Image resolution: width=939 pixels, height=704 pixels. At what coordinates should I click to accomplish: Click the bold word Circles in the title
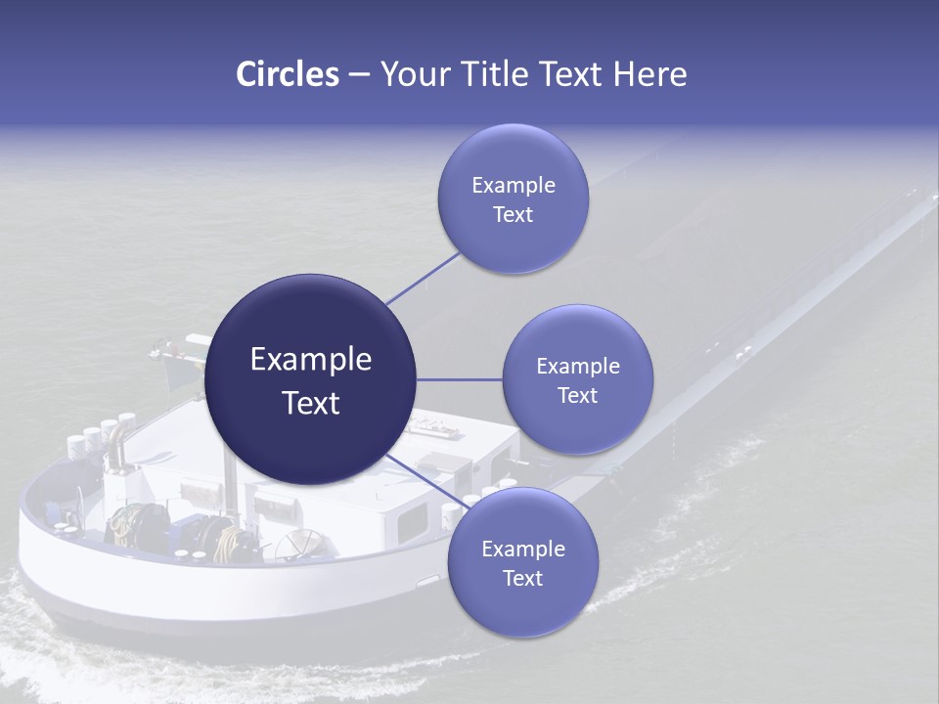coord(287,74)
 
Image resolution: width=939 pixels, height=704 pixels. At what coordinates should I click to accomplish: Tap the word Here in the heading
coord(649,74)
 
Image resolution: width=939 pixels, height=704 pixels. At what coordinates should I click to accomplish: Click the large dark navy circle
coord(310,380)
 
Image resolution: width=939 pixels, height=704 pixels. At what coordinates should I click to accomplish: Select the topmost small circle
coord(513,198)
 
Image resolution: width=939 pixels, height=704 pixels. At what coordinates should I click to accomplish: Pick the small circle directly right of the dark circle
coord(577,379)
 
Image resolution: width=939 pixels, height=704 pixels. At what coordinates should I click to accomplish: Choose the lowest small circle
coord(522,562)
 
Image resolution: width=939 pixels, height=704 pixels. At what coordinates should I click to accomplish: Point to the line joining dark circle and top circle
coord(423,278)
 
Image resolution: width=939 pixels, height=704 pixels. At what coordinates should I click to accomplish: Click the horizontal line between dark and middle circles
coord(460,379)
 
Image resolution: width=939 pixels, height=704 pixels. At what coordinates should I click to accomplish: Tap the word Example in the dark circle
coord(310,360)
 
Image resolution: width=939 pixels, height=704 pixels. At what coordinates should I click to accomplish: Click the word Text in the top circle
coord(513,215)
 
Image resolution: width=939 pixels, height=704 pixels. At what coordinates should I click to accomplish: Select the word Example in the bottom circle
coord(522,549)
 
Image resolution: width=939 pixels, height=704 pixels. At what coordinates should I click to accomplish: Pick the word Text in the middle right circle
coord(577,395)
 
